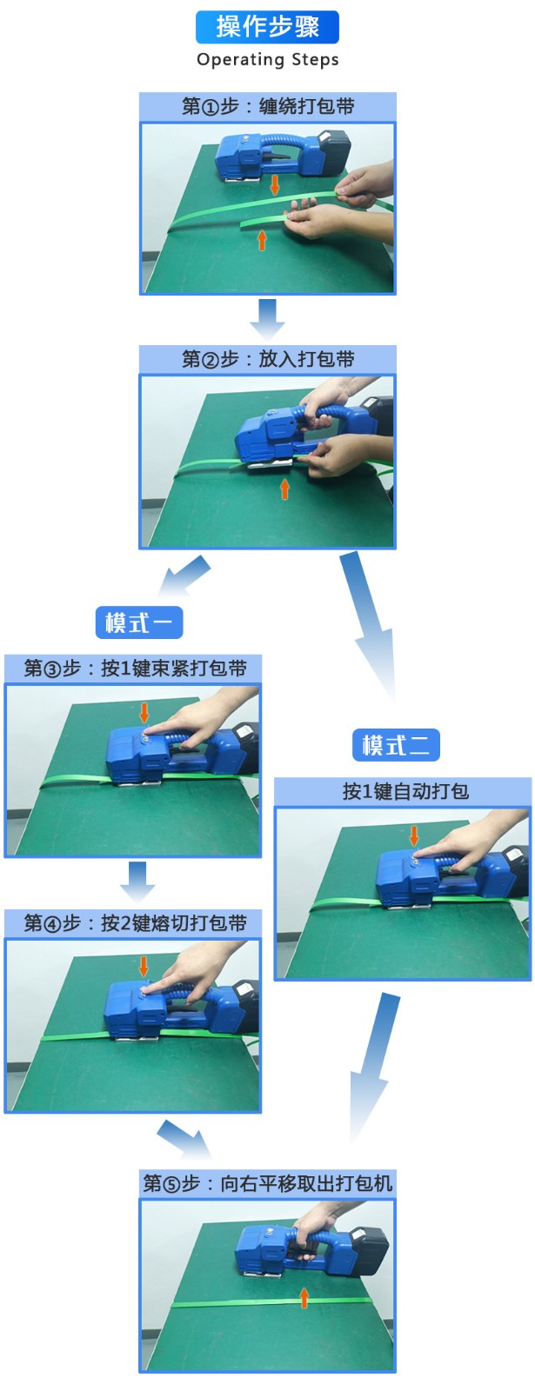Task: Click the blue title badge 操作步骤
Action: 267,27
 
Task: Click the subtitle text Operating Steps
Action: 268,60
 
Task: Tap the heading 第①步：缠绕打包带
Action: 268,106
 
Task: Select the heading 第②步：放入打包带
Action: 268,359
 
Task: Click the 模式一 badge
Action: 139,622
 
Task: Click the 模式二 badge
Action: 396,744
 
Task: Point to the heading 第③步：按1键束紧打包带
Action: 135,669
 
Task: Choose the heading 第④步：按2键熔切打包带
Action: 135,922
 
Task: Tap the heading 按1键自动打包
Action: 405,791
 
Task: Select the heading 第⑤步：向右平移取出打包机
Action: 267,1182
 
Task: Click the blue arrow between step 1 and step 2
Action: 267,319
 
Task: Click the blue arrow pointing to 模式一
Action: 184,576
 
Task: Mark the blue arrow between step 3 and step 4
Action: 137,882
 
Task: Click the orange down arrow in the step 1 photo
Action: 275,185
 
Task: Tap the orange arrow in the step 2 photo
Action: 284,489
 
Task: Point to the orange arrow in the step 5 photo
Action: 304,1297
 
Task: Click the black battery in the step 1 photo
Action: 334,153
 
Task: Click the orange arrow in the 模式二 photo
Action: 414,835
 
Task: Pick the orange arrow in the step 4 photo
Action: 144,966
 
